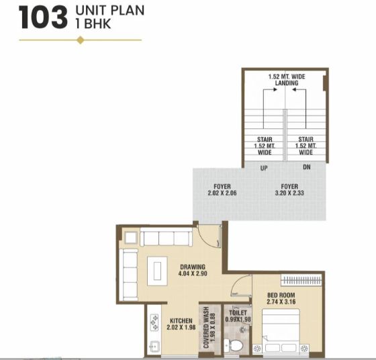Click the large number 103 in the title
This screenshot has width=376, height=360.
pyautogui.click(x=43, y=17)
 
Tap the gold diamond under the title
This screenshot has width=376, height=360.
pyautogui.click(x=81, y=40)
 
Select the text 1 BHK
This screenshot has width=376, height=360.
pyautogui.click(x=93, y=24)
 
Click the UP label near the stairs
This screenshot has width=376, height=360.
pyautogui.click(x=264, y=168)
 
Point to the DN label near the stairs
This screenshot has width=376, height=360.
pyautogui.click(x=307, y=167)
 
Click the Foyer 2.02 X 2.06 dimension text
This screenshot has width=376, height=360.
pyautogui.click(x=222, y=193)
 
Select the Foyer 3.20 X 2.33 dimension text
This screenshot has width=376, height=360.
pyautogui.click(x=289, y=193)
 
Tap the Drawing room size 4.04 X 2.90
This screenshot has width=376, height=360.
pyautogui.click(x=193, y=273)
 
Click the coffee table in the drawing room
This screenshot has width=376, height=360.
pyautogui.click(x=157, y=271)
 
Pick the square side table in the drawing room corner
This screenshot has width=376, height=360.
pyautogui.click(x=131, y=238)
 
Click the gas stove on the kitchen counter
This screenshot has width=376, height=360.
pyautogui.click(x=154, y=322)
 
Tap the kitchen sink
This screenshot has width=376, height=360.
pyautogui.click(x=154, y=347)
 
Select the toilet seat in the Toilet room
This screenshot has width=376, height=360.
pyautogui.click(x=234, y=345)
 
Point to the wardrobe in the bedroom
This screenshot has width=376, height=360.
pyautogui.click(x=301, y=280)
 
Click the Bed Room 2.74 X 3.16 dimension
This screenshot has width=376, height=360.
pyautogui.click(x=281, y=302)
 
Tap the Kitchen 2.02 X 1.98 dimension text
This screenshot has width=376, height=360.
pyautogui.click(x=181, y=327)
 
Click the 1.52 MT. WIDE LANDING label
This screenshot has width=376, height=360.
pyautogui.click(x=287, y=80)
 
